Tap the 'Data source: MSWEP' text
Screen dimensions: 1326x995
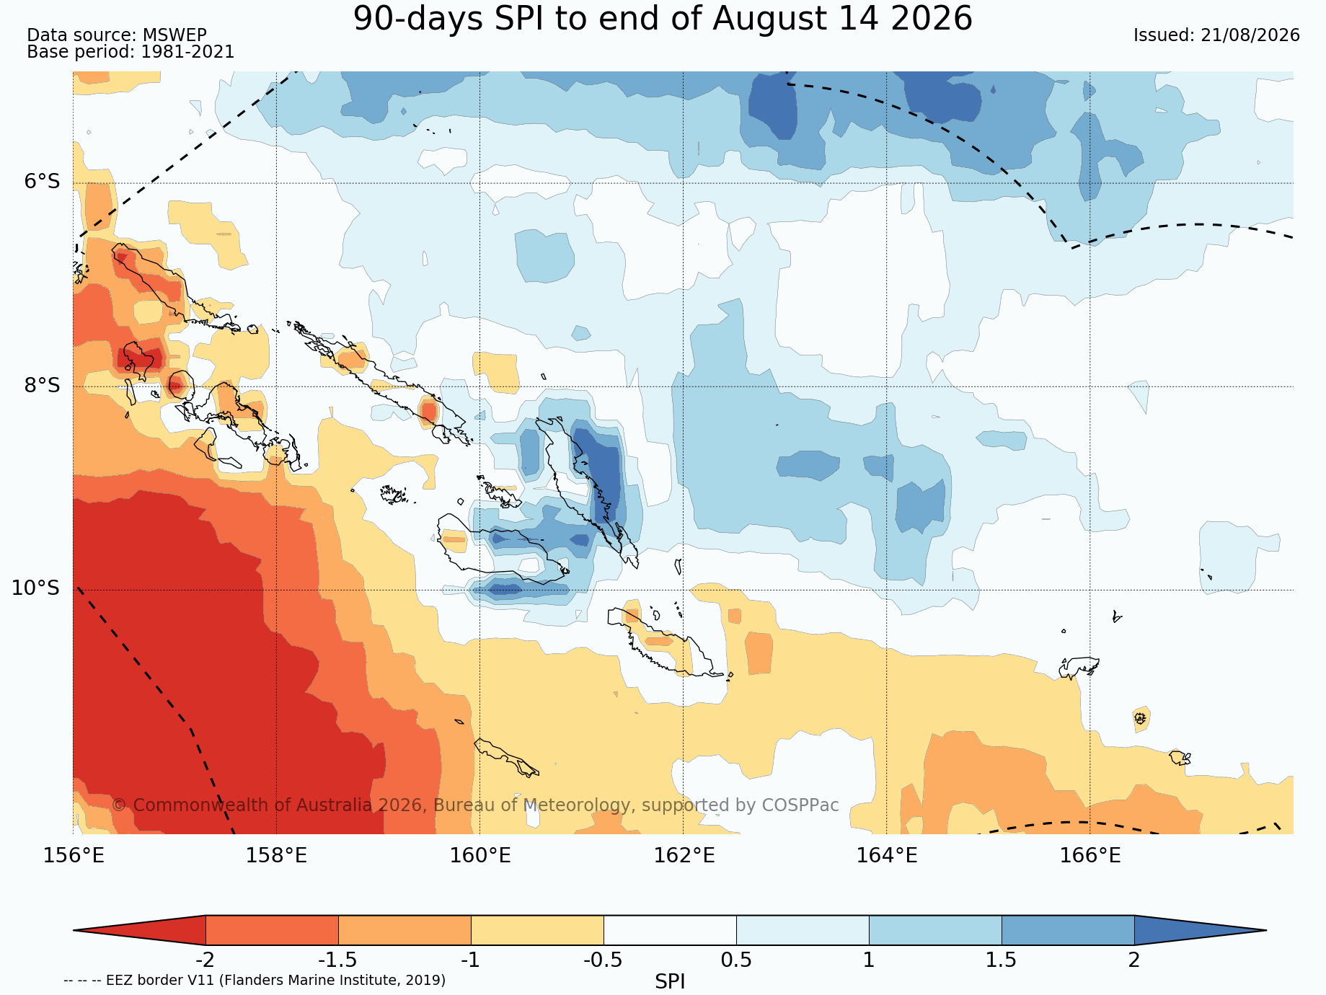[117, 35]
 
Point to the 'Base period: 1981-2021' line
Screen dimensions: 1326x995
[131, 52]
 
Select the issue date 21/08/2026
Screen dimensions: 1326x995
[1250, 35]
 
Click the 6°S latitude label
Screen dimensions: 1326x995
[43, 181]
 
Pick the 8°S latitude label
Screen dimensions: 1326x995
[43, 385]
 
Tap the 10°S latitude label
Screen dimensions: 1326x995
[36, 588]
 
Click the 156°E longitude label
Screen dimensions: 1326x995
[74, 856]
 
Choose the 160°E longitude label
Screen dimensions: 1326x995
[480, 856]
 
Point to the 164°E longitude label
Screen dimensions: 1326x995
[887, 856]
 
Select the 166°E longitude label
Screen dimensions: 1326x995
[1090, 856]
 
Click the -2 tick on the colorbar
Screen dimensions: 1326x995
[205, 960]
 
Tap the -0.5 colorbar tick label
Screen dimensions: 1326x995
[604, 960]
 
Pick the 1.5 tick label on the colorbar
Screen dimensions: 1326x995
[1002, 960]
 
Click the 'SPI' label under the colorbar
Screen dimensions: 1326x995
[670, 981]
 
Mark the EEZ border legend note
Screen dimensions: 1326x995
[255, 980]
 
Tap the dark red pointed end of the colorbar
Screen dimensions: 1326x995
[139, 930]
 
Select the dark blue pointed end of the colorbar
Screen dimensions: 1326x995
[1201, 930]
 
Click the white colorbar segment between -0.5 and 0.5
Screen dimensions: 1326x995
[670, 930]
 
